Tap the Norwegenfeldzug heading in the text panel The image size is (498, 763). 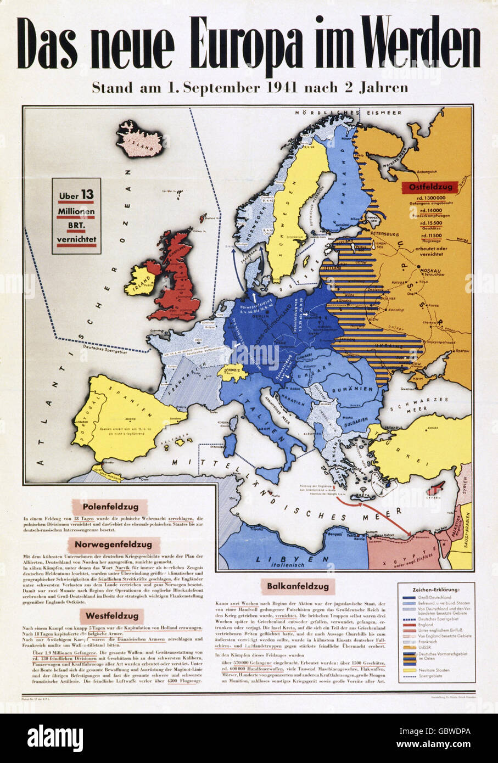114,545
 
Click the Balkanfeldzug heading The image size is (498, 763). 299,587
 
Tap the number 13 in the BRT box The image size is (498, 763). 87,194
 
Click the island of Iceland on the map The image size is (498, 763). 139,139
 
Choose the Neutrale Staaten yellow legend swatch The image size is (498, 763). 407,670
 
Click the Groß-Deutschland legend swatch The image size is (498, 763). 407,597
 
